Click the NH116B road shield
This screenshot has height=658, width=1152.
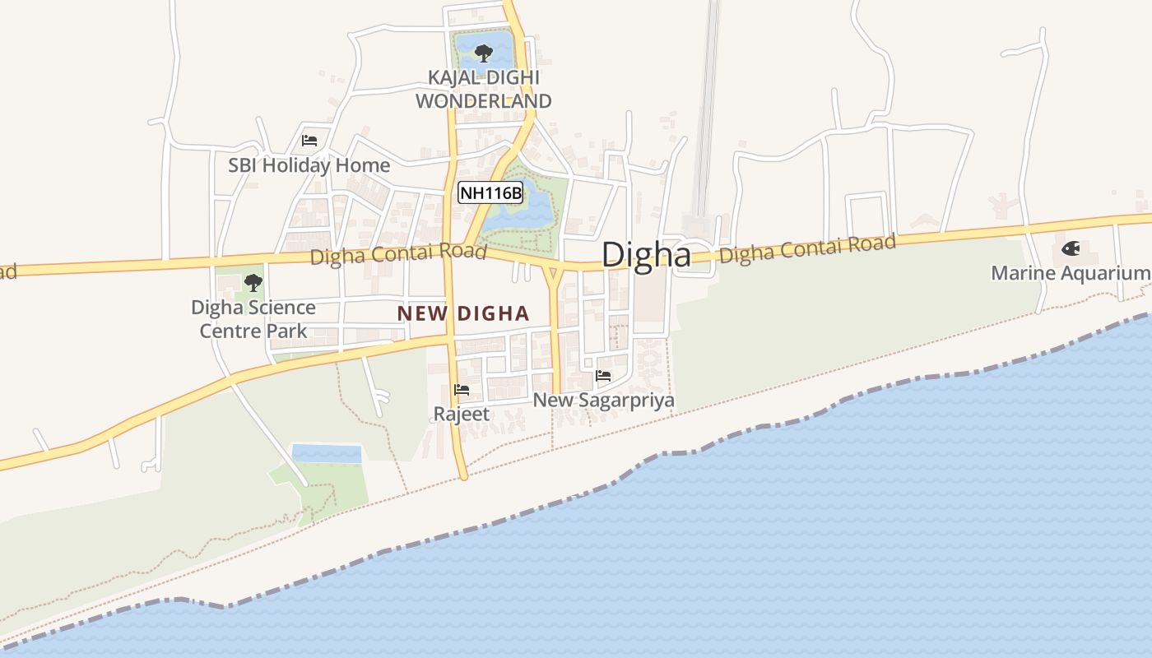coord(490,193)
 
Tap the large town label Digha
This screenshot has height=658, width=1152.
coord(646,255)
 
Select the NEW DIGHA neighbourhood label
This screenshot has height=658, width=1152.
coord(463,313)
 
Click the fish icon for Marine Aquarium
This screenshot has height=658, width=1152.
coord(1071,248)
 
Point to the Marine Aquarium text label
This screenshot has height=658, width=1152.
coord(1070,273)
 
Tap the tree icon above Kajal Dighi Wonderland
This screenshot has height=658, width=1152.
coord(483,53)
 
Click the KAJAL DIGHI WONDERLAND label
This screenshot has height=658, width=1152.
coord(483,89)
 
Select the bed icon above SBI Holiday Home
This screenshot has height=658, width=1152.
coord(309,141)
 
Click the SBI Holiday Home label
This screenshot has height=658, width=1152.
coord(309,165)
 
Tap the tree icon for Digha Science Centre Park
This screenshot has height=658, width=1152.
coord(253,283)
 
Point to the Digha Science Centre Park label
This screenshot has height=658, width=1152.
coord(253,319)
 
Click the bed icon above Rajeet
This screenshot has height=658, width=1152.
coord(462,390)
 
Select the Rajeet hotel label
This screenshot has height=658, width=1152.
coord(462,414)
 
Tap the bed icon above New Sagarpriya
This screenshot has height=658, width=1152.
coord(603,376)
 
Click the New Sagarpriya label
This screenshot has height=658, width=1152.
coord(604,401)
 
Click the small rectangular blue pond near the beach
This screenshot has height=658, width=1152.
coord(327,453)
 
